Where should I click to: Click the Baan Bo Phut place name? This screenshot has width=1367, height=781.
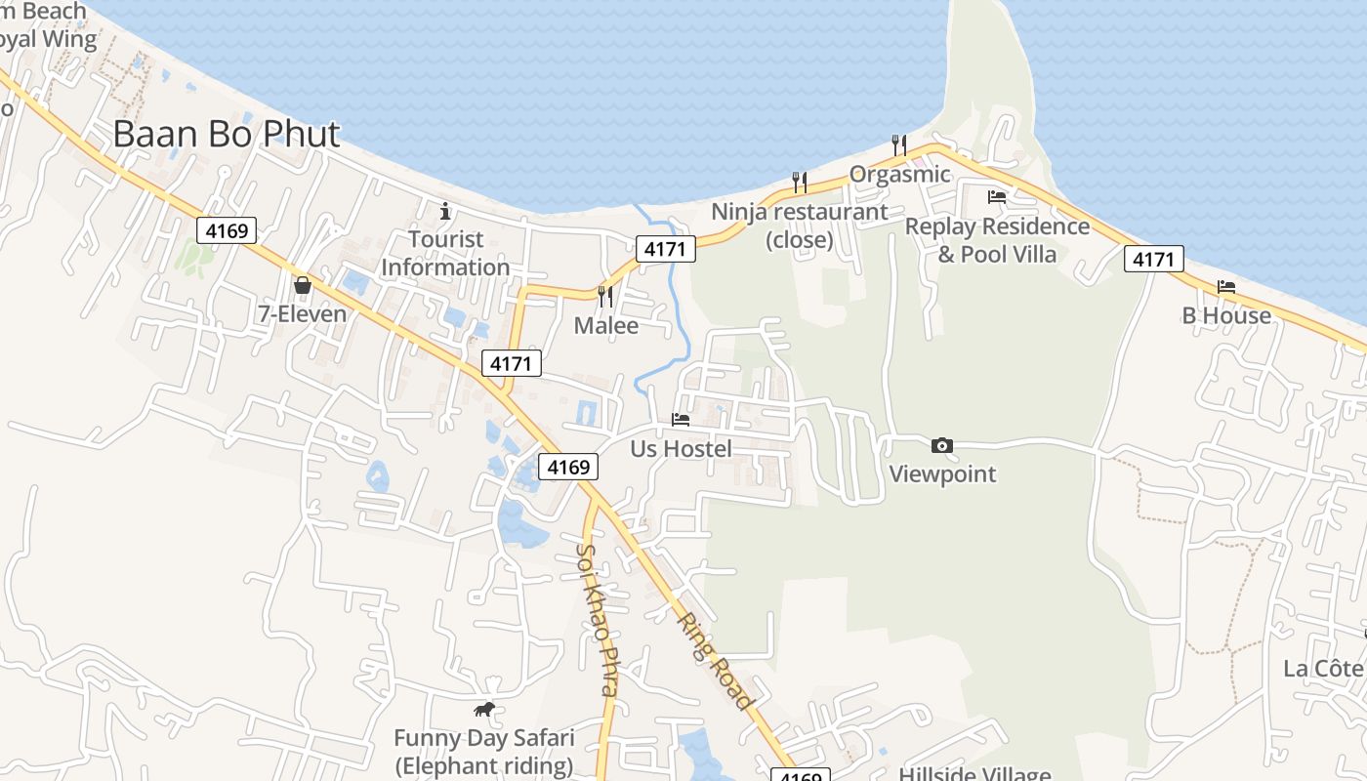(x=227, y=135)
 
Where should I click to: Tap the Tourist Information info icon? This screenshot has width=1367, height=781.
(x=445, y=210)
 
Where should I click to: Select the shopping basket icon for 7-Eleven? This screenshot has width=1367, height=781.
(x=303, y=285)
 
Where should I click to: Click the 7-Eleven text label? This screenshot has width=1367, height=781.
(x=303, y=313)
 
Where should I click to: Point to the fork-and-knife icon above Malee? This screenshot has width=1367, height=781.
(x=605, y=295)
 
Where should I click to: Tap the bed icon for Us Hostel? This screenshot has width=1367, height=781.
(x=681, y=420)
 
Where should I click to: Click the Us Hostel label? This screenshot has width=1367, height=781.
(x=681, y=449)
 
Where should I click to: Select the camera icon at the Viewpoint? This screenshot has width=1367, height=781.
(x=941, y=445)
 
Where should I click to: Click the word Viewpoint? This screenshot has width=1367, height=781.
(x=942, y=474)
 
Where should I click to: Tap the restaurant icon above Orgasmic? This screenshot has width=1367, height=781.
(x=899, y=145)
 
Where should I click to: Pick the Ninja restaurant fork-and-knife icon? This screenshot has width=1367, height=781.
(x=799, y=182)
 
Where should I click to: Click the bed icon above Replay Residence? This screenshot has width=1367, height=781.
(x=996, y=197)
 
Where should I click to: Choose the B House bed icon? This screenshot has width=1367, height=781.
(x=1226, y=286)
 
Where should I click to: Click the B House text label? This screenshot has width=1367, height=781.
(x=1226, y=315)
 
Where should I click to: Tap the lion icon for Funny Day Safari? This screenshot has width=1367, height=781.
(x=484, y=710)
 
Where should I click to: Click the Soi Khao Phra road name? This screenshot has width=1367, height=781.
(x=596, y=619)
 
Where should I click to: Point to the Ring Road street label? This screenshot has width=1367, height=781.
(x=716, y=661)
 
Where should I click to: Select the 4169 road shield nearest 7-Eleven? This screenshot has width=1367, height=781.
(x=227, y=230)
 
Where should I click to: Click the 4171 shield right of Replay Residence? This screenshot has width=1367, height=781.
(x=1153, y=259)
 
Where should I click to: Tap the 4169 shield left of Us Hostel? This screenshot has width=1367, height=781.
(x=568, y=467)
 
